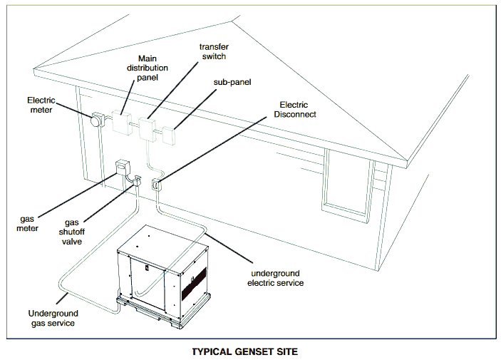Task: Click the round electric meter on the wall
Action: [x=94, y=121]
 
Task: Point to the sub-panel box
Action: [x=170, y=135]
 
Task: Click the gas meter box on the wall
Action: [x=120, y=168]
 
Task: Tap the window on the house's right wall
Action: [x=348, y=182]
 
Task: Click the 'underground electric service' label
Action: [x=277, y=278]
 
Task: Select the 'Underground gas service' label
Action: [x=53, y=318]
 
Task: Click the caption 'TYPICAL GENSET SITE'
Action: [x=244, y=351]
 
